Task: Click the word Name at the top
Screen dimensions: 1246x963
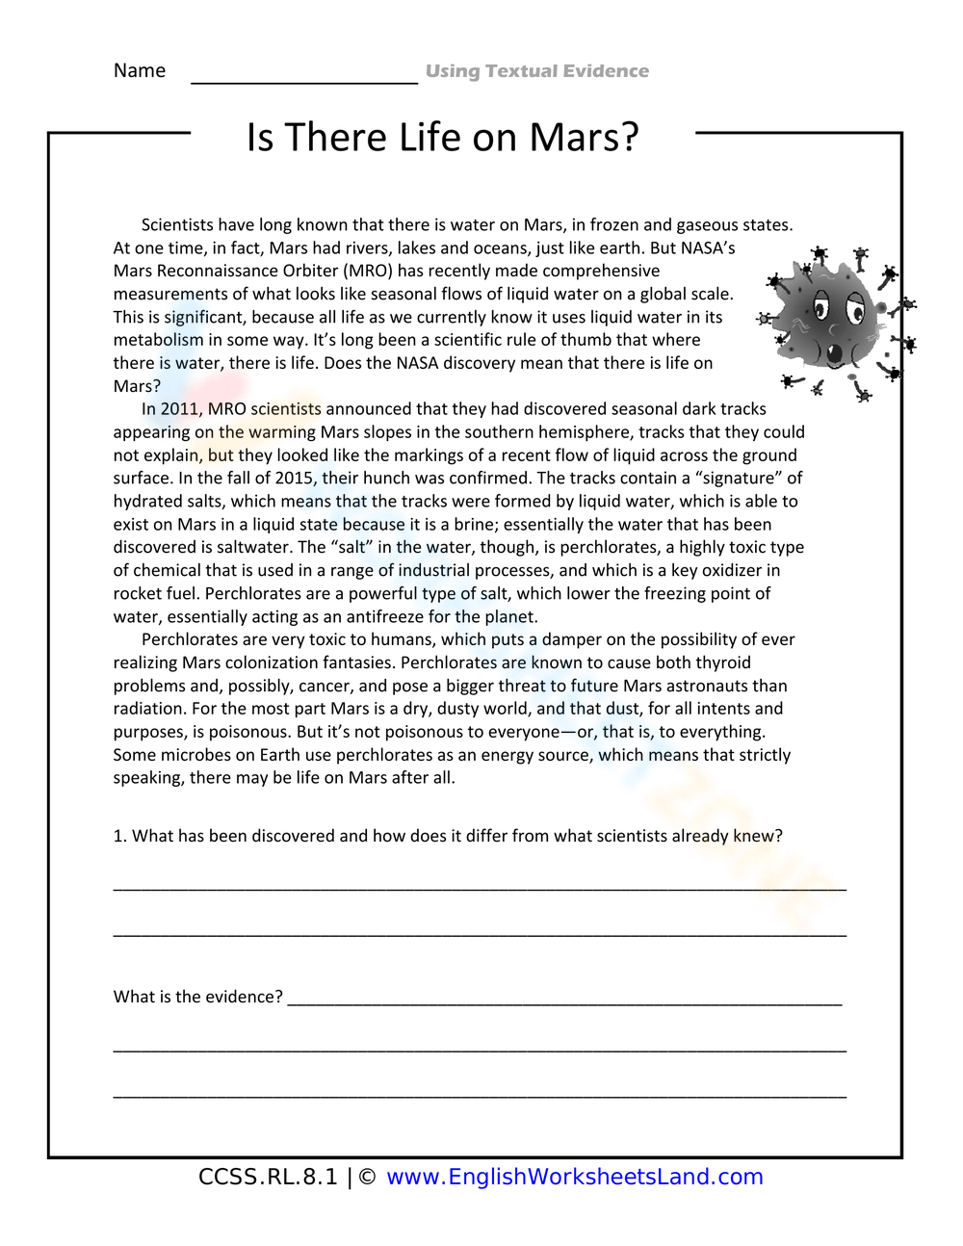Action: click(140, 70)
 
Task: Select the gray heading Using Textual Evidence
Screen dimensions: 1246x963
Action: click(537, 71)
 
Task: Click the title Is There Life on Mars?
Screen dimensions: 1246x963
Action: click(443, 138)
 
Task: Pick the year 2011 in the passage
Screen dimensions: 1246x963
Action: click(179, 409)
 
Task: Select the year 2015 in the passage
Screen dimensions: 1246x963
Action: click(288, 479)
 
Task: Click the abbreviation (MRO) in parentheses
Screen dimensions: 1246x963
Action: click(367, 272)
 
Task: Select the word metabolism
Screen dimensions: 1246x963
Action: click(158, 340)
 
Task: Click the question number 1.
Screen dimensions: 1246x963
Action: click(119, 836)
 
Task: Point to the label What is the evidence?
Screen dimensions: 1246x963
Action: click(197, 997)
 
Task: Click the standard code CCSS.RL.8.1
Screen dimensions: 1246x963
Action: click(268, 1177)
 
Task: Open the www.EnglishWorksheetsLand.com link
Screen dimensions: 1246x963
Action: click(575, 1177)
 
